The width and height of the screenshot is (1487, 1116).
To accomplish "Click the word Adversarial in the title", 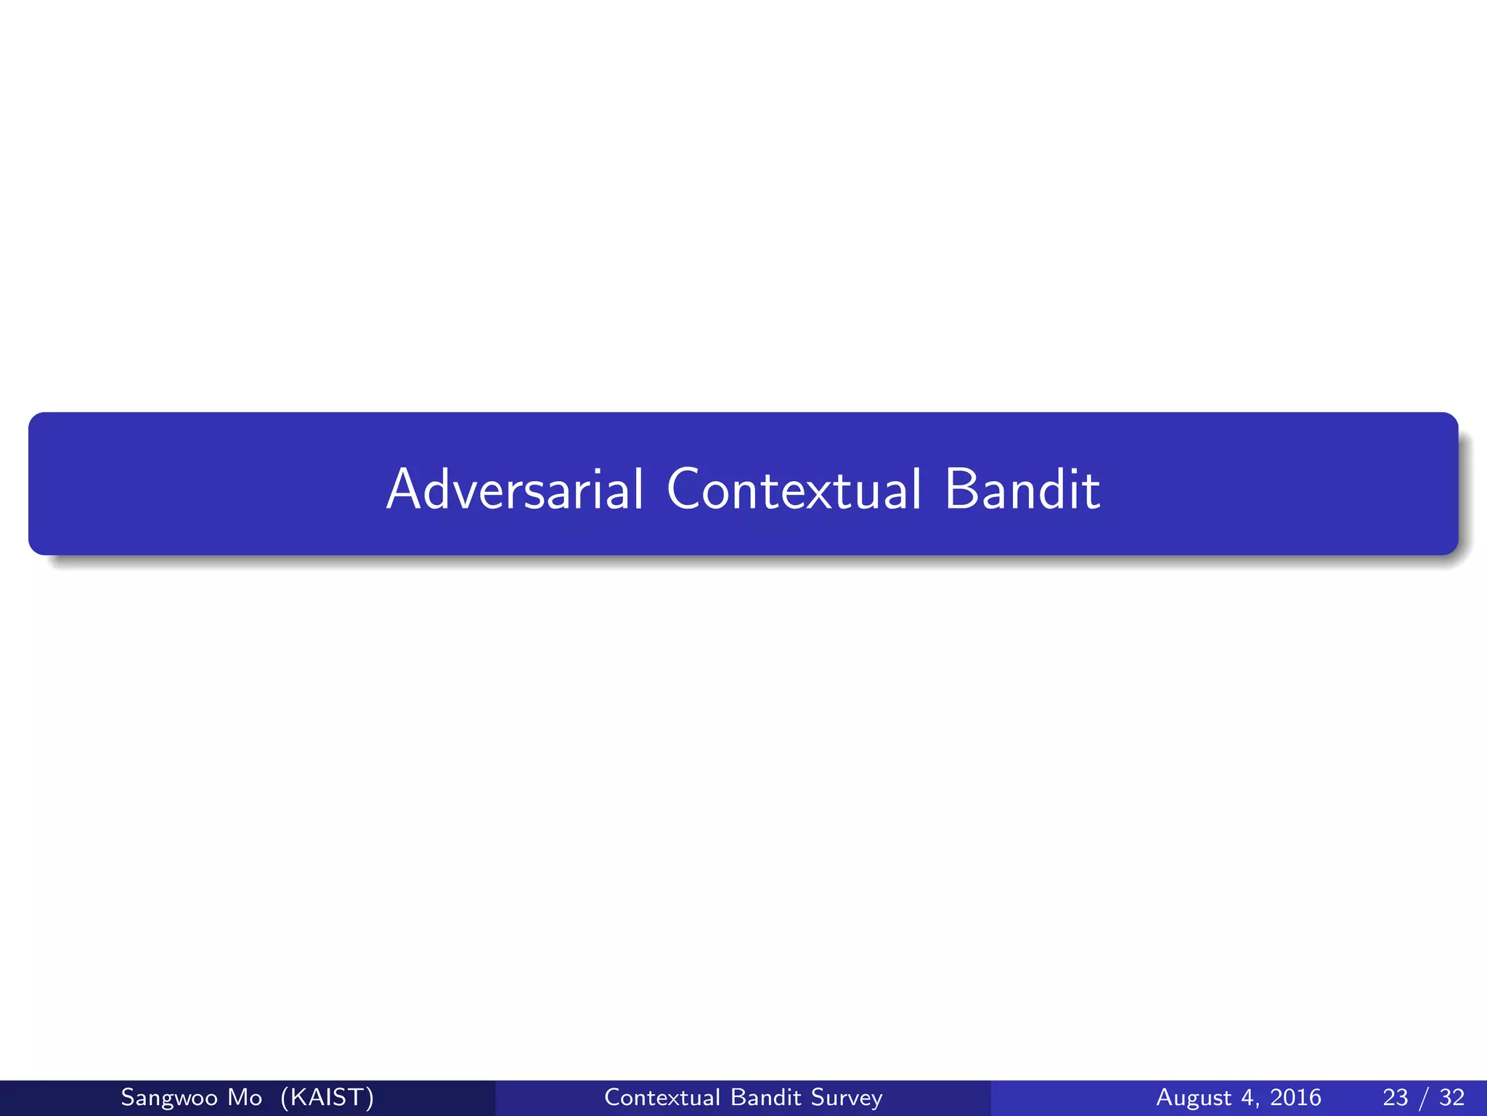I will tap(515, 489).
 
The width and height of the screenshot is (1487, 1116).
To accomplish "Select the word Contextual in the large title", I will tap(794, 489).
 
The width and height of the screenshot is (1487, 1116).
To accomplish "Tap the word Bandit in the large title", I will tap(1022, 489).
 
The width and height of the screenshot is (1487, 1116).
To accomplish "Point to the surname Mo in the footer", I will tap(245, 1097).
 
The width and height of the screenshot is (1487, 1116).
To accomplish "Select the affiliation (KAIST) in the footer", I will tap(327, 1097).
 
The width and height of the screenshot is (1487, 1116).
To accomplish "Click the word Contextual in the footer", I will tap(661, 1097).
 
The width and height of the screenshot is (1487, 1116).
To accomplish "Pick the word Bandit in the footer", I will tap(765, 1097).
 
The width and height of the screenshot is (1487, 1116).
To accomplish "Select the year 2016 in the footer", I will tap(1295, 1097).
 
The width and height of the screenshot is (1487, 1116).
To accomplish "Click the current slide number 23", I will tap(1396, 1097).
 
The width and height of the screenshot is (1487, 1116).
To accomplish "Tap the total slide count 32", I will tap(1452, 1097).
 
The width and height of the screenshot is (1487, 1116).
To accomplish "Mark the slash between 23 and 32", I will tap(1424, 1097).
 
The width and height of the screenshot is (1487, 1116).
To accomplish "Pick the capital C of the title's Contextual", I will tap(685, 489).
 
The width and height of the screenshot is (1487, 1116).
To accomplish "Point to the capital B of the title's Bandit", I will tap(962, 489).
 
